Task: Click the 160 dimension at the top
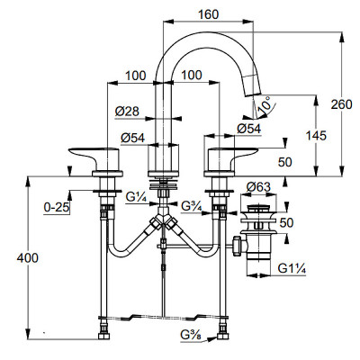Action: pos(209,14)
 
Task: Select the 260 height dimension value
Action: pos(341,104)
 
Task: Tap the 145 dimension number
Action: pos(316,136)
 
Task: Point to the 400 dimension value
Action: pos(27,258)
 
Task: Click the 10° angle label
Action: pos(265,104)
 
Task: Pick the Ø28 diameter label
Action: pos(127,112)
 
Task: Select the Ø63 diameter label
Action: pos(258,187)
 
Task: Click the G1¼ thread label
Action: pos(292,268)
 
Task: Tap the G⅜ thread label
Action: pos(191,335)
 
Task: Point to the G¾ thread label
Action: pos(192,206)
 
